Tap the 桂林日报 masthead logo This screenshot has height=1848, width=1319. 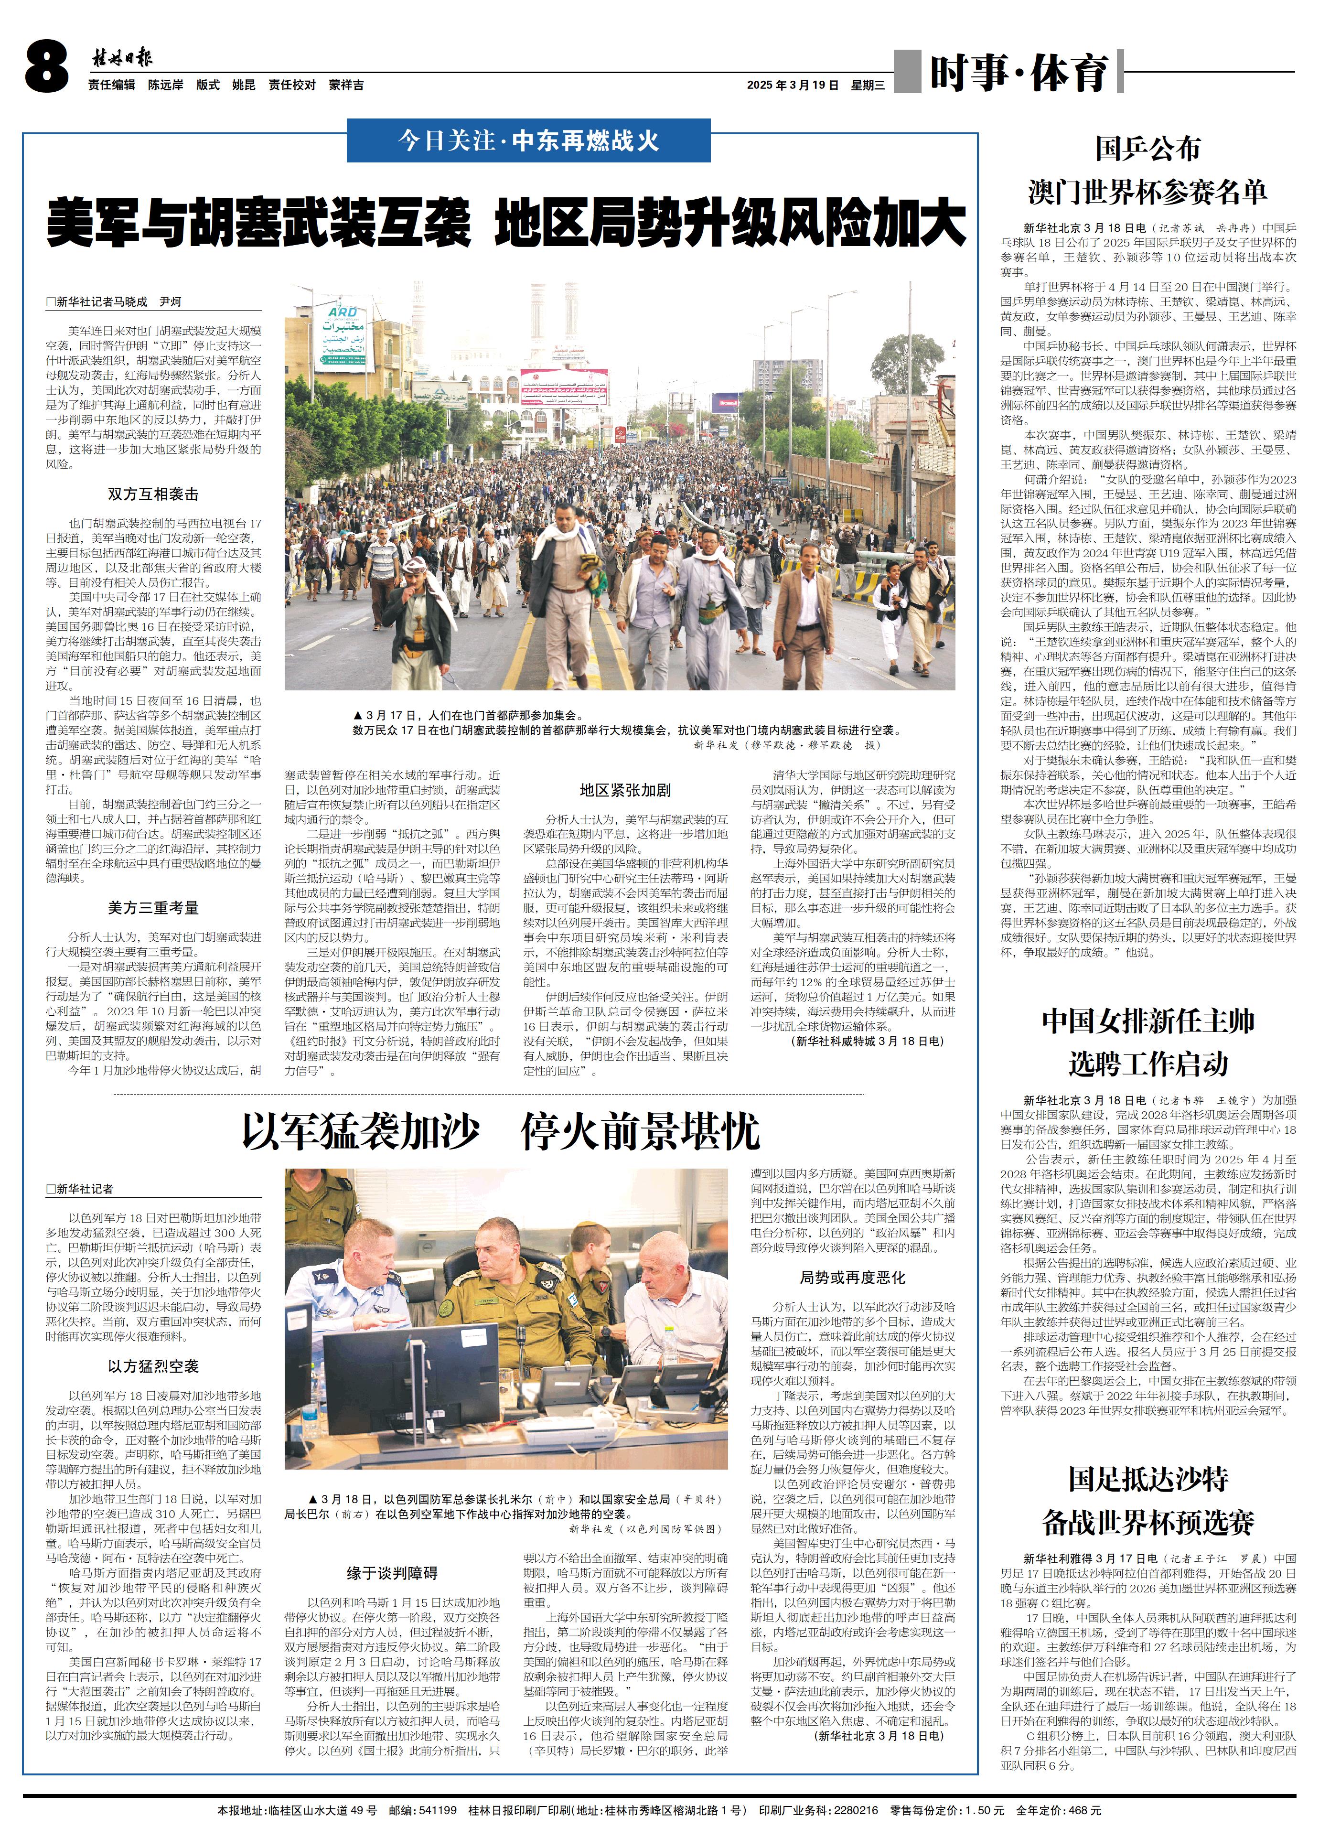click(122, 58)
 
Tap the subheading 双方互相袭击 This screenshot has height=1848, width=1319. click(153, 494)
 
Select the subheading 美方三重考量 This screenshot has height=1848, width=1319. click(153, 907)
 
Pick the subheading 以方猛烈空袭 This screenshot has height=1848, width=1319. click(153, 1366)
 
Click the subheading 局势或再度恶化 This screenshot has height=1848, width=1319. click(852, 1278)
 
